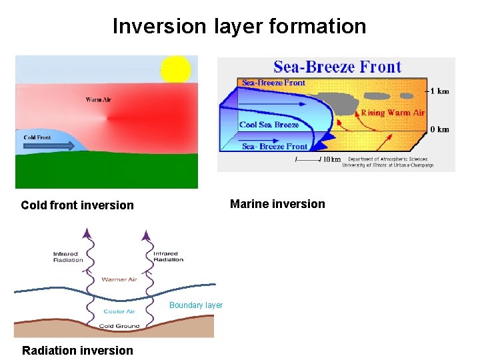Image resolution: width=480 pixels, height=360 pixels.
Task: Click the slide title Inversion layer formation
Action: [239, 26]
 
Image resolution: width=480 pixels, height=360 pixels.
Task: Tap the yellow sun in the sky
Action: [175, 69]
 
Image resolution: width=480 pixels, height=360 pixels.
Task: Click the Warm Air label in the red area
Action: [98, 100]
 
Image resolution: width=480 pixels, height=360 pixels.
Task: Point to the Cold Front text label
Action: [37, 137]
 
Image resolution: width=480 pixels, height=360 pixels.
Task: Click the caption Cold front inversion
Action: [77, 205]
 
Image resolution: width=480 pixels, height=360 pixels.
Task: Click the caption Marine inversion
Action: [277, 204]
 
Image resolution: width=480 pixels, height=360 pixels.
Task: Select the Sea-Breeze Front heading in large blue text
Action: [337, 67]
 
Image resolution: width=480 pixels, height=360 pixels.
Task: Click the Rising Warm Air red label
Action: [393, 113]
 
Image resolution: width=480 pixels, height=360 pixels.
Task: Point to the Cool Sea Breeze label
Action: [269, 125]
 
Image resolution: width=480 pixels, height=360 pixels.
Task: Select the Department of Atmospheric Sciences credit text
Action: [387, 163]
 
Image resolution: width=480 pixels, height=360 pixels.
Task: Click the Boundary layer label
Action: [196, 305]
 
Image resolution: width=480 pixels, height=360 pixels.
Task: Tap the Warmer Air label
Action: [119, 279]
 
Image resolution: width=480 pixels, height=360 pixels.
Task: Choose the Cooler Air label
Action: [119, 311]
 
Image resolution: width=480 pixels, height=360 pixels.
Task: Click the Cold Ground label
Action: [119, 326]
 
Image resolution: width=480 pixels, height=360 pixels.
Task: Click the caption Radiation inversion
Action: [77, 351]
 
